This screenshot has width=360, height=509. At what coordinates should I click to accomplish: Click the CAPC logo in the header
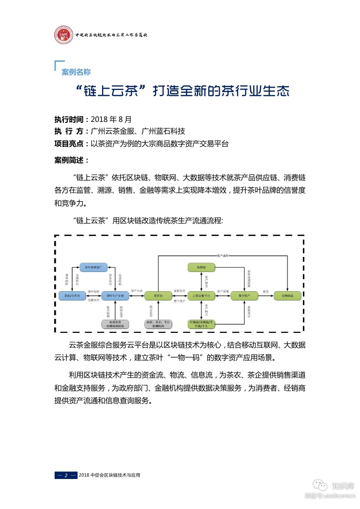(x=63, y=34)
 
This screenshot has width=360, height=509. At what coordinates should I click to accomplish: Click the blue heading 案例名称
(x=76, y=72)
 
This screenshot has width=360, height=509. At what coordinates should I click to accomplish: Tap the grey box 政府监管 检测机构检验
(x=115, y=324)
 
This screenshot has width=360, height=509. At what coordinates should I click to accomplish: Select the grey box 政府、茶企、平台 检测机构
(x=158, y=324)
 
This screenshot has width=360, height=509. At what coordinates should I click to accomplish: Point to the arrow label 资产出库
(x=223, y=255)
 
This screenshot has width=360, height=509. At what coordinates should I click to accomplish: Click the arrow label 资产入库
(x=136, y=291)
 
